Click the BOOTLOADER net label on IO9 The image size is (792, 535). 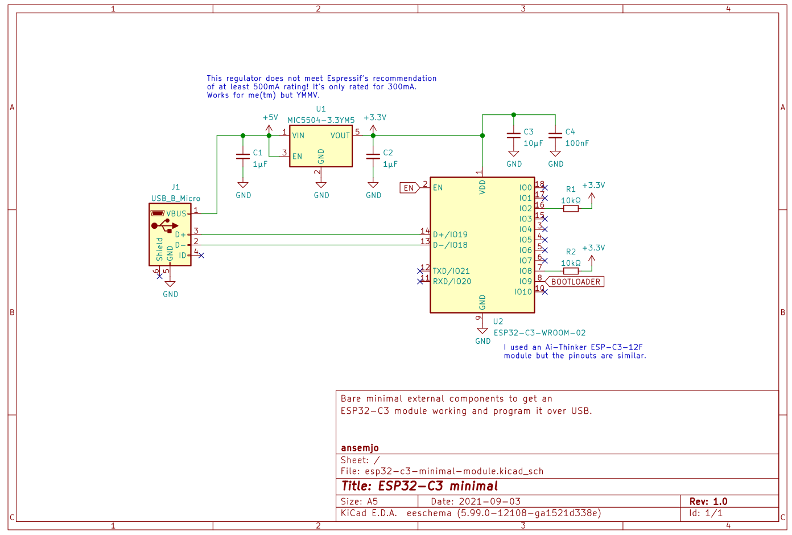tap(575, 282)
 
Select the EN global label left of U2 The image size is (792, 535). tap(409, 188)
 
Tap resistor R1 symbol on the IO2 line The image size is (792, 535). tap(571, 209)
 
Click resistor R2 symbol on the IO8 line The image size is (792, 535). tap(571, 271)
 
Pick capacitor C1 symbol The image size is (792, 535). tap(243, 156)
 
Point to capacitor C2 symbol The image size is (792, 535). tap(373, 156)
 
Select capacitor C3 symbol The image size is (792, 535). tap(513, 135)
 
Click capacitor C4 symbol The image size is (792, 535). tap(555, 135)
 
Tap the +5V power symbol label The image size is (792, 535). tap(270, 118)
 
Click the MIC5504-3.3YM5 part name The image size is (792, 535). tap(321, 120)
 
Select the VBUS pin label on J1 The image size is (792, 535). tap(176, 214)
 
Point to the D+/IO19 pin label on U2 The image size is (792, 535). tap(450, 234)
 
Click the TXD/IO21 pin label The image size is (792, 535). tap(451, 271)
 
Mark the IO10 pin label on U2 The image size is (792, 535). tap(523, 292)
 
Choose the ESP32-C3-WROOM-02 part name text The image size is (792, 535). tap(539, 333)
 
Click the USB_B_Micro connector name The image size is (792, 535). tap(175, 199)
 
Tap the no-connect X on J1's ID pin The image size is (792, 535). tap(201, 256)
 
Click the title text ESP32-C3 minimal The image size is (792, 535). tap(419, 486)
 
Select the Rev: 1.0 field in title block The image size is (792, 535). tap(708, 501)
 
